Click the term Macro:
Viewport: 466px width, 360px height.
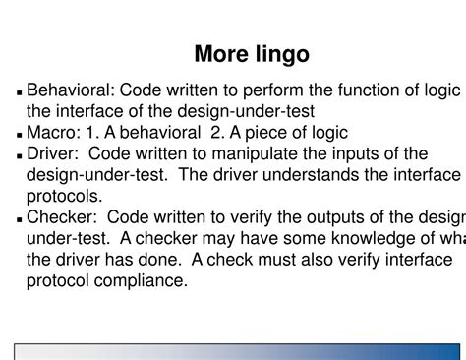54,133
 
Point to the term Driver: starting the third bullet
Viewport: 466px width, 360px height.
55,153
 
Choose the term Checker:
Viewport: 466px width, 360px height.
63,216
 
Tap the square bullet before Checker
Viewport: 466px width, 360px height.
21,218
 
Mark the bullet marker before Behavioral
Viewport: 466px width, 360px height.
21,93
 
